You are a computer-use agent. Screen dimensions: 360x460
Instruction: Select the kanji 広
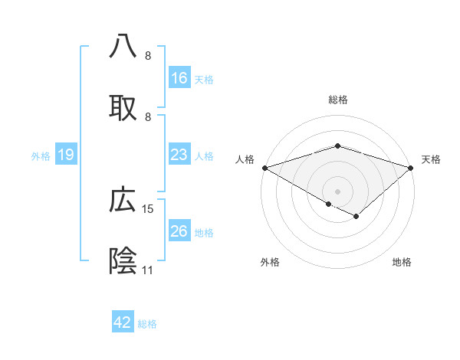click(x=123, y=200)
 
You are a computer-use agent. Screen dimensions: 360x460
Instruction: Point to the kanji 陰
click(x=123, y=261)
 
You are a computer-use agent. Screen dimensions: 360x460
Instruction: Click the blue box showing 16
click(x=179, y=78)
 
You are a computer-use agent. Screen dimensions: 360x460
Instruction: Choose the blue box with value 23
click(x=179, y=155)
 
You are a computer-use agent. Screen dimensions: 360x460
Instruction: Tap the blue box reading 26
click(x=179, y=231)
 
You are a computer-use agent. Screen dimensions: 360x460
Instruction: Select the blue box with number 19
click(x=66, y=155)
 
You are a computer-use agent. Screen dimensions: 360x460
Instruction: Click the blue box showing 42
click(x=123, y=322)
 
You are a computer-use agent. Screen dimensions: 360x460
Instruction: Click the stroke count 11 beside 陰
click(x=147, y=270)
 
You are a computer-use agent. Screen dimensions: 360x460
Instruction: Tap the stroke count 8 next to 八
click(x=147, y=55)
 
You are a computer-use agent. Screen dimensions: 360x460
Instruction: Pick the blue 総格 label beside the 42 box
click(x=148, y=324)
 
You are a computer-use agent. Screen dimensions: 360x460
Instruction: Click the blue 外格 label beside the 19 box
click(x=41, y=155)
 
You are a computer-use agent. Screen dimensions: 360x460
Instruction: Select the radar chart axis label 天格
click(x=432, y=159)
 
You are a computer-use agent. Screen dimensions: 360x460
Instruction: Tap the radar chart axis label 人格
click(x=245, y=159)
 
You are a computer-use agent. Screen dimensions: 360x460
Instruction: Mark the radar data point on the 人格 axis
click(x=264, y=168)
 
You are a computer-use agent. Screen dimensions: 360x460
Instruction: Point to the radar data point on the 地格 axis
click(x=356, y=217)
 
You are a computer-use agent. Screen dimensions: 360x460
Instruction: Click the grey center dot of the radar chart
click(x=338, y=191)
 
